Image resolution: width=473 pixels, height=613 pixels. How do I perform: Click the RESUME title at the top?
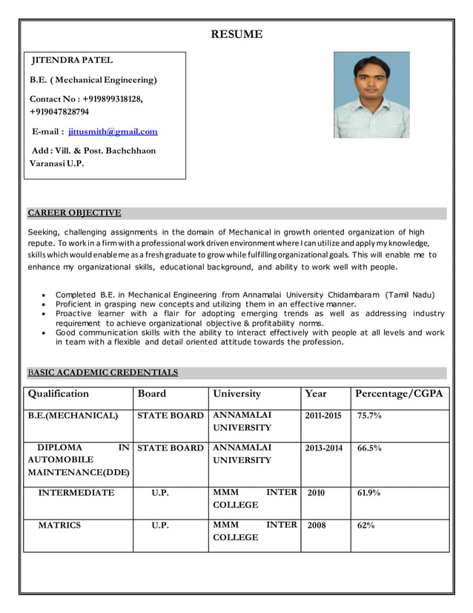[236, 34]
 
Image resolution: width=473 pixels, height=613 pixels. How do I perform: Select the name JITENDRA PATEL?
[71, 60]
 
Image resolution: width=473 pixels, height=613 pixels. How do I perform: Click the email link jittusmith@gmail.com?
[113, 131]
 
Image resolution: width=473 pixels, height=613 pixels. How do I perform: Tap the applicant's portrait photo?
[371, 94]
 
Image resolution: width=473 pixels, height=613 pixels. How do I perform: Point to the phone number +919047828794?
[59, 112]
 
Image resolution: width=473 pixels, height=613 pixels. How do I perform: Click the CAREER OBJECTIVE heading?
[74, 213]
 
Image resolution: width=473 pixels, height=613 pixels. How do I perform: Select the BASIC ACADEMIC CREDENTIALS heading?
[102, 373]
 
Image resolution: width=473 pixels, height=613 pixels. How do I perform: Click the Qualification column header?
[58, 393]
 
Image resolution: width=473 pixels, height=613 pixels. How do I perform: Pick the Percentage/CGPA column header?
[399, 393]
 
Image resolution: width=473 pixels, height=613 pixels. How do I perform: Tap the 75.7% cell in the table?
[369, 416]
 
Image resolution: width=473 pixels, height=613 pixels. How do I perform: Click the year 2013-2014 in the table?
[323, 448]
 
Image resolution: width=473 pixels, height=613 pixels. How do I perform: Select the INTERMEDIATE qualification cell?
[76, 492]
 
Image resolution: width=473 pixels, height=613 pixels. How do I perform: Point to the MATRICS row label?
[59, 525]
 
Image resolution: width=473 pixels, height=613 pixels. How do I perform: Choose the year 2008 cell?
[316, 525]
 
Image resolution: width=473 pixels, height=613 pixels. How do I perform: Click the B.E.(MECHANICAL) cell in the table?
[73, 416]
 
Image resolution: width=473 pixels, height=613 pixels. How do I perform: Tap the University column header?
[236, 393]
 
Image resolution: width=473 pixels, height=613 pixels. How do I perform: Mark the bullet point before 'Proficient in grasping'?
[47, 304]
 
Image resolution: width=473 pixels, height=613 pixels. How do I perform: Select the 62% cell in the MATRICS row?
[366, 525]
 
